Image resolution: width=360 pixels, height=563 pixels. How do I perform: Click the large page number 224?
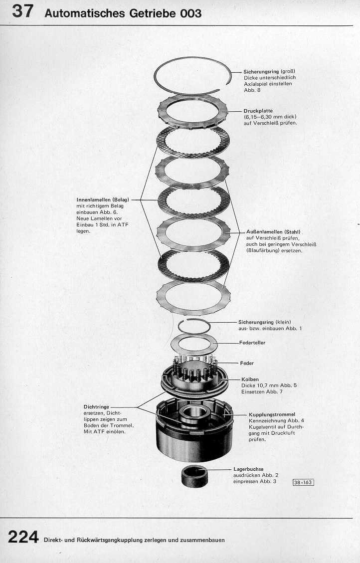click(23, 537)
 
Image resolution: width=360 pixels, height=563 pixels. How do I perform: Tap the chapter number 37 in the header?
click(22, 11)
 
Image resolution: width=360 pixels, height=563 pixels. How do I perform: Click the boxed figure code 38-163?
click(303, 482)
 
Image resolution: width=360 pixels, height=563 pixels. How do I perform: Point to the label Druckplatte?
click(258, 111)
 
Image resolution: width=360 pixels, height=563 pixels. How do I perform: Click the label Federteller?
click(252, 343)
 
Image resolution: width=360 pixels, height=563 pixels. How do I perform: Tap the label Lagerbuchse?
click(248, 469)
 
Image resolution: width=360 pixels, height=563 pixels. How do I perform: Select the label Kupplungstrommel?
click(272, 414)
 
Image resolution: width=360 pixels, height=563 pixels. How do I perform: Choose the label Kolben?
click(250, 379)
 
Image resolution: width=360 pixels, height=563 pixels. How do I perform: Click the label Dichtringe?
click(96, 407)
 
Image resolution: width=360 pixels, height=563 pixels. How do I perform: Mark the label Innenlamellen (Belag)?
click(103, 199)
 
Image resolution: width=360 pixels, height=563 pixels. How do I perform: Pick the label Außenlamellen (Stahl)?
click(273, 232)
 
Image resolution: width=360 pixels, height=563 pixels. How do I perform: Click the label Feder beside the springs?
click(247, 363)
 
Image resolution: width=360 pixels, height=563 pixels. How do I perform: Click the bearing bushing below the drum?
click(194, 476)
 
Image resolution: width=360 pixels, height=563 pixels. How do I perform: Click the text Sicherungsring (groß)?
click(269, 71)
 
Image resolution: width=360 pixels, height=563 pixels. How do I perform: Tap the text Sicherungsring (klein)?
click(265, 322)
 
